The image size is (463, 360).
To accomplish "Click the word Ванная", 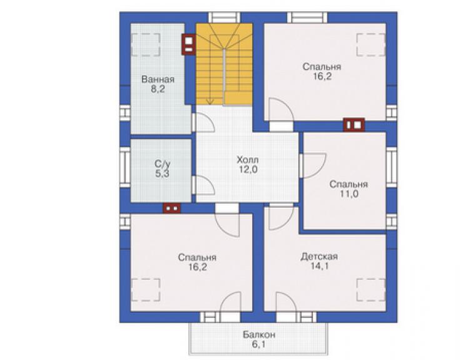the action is click(x=158, y=80).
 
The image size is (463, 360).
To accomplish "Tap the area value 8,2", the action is click(x=158, y=89).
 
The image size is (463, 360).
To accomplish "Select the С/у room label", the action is click(x=163, y=164).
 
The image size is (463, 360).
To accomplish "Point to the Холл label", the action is click(x=248, y=160).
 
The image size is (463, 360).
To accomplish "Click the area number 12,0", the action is click(x=248, y=170).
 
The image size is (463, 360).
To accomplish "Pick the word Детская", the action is click(x=319, y=257).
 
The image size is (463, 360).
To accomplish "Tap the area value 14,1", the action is click(x=320, y=266).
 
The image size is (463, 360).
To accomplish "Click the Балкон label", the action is click(x=259, y=334).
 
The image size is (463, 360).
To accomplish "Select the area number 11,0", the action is click(x=349, y=194).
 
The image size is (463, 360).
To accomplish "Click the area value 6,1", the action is click(x=258, y=344).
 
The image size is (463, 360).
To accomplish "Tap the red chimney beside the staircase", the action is click(x=188, y=44).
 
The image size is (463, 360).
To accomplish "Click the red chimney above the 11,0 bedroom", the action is click(x=354, y=125).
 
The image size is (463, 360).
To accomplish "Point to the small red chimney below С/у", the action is click(x=172, y=208).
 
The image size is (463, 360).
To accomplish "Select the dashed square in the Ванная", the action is click(x=146, y=44).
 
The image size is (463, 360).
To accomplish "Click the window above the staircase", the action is click(x=224, y=18).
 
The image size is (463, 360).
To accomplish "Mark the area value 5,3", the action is click(x=163, y=173).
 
